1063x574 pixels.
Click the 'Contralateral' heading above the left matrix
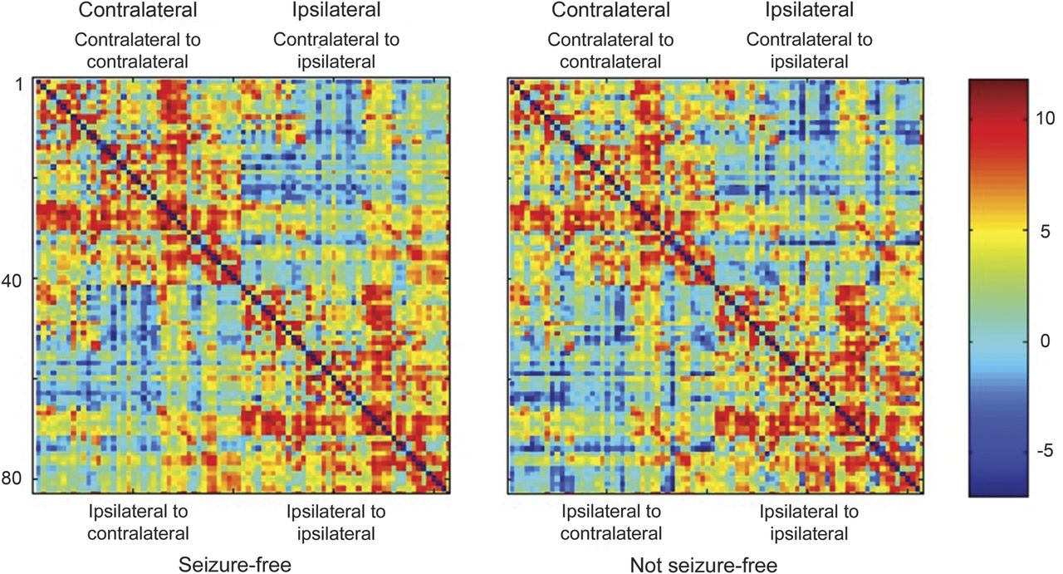tap(138, 11)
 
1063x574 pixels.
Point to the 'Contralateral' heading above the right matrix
tap(611, 11)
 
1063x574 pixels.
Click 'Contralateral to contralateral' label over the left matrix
tap(138, 50)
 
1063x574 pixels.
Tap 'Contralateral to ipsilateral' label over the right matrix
tap(810, 50)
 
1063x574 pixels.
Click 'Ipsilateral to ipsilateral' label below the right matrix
tap(810, 522)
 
